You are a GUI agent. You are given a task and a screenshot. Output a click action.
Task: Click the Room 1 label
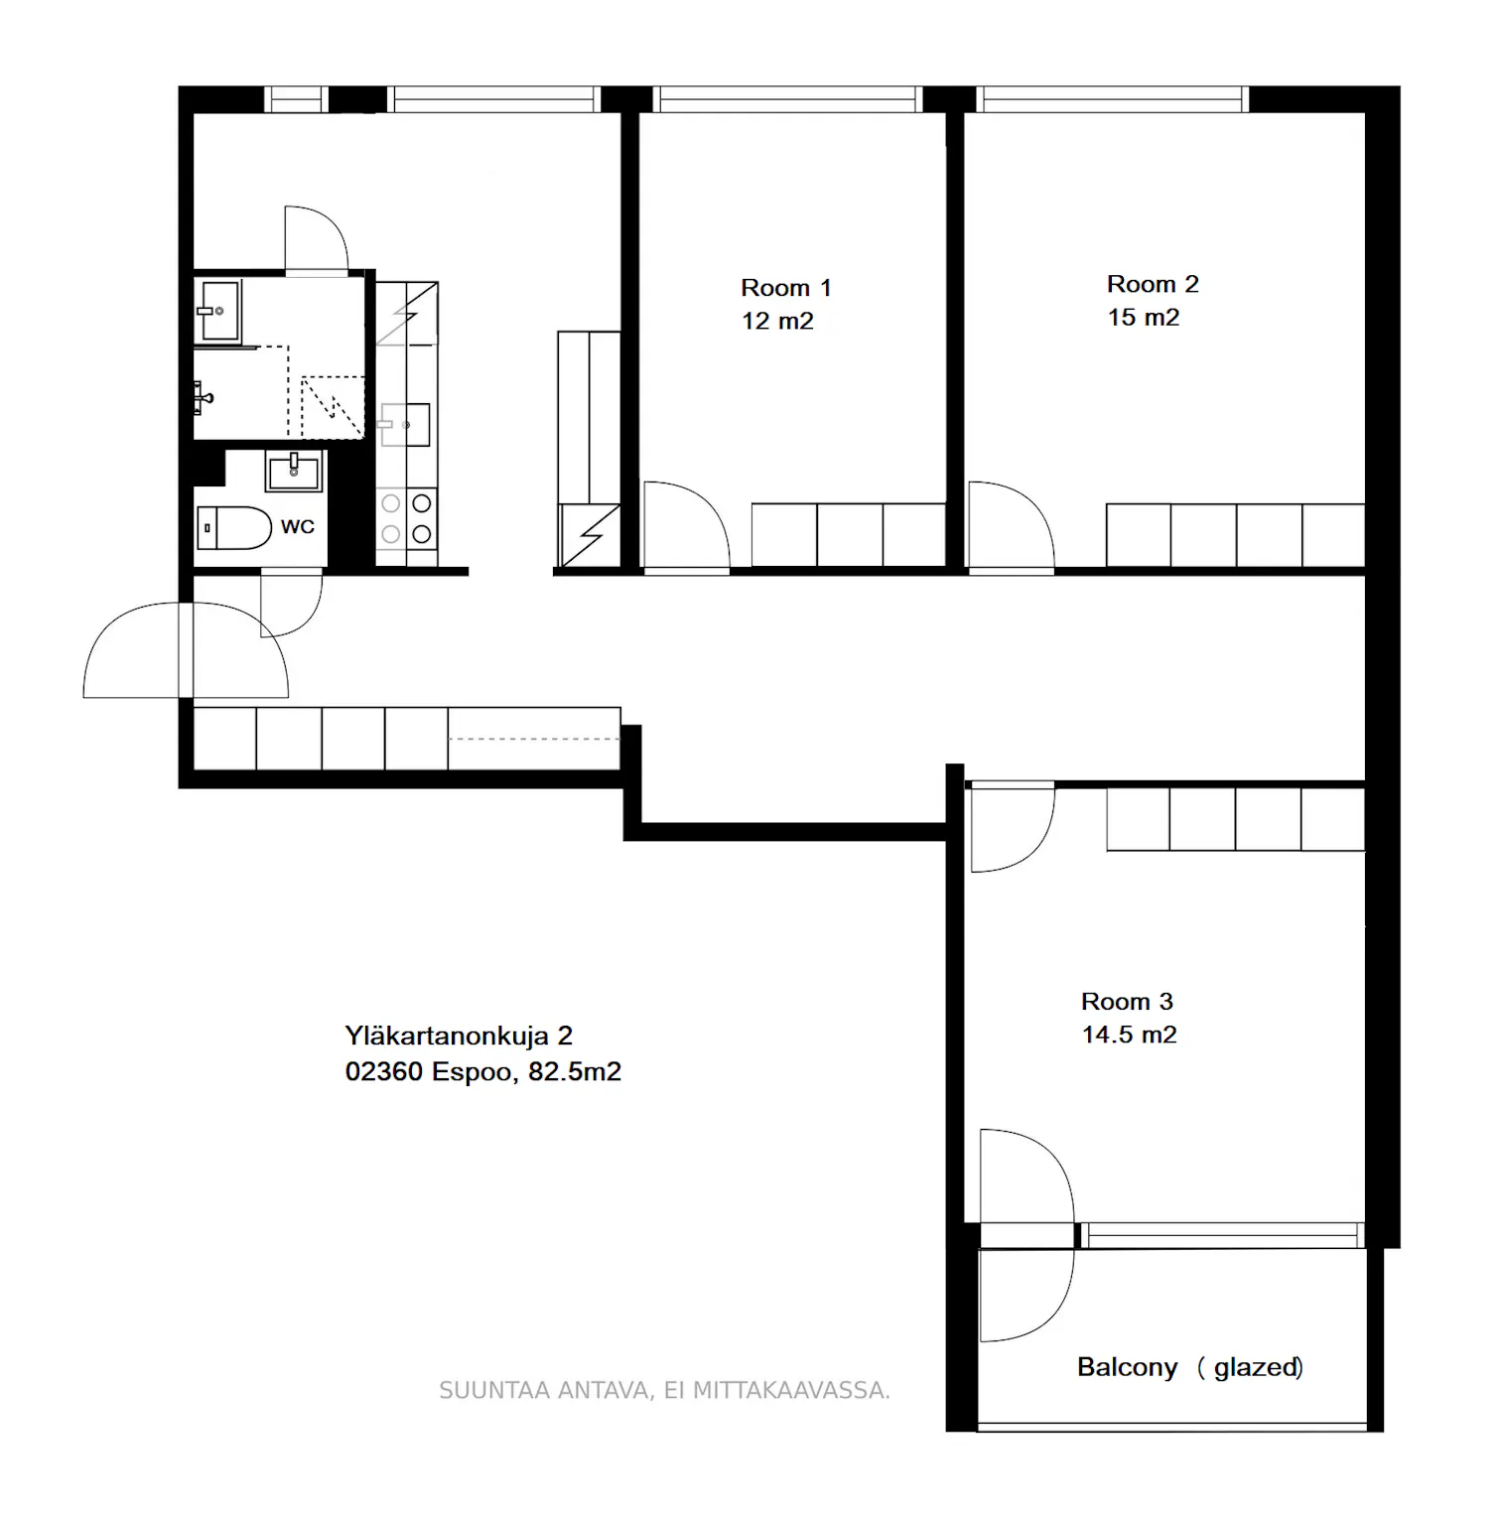point(785,288)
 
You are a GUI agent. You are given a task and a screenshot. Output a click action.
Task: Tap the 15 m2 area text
point(1144,318)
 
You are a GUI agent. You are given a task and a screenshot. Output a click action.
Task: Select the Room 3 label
point(1127,1001)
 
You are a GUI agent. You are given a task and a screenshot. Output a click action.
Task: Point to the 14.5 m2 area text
point(1129,1035)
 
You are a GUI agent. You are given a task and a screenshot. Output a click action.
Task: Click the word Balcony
point(1127,1367)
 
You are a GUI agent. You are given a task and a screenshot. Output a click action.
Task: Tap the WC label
point(298,527)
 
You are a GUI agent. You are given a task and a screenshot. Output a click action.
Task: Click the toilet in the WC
point(234,528)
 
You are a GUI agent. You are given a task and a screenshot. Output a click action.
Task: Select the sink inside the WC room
point(294,472)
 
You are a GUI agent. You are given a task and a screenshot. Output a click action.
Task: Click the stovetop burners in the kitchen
point(407,518)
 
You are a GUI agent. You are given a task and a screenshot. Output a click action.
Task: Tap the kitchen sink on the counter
point(405,425)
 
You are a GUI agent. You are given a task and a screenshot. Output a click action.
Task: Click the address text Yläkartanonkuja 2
point(459,1037)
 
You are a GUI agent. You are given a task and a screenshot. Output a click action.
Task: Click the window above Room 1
point(787,99)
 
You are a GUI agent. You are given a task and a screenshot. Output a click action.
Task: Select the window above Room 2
point(1112,99)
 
